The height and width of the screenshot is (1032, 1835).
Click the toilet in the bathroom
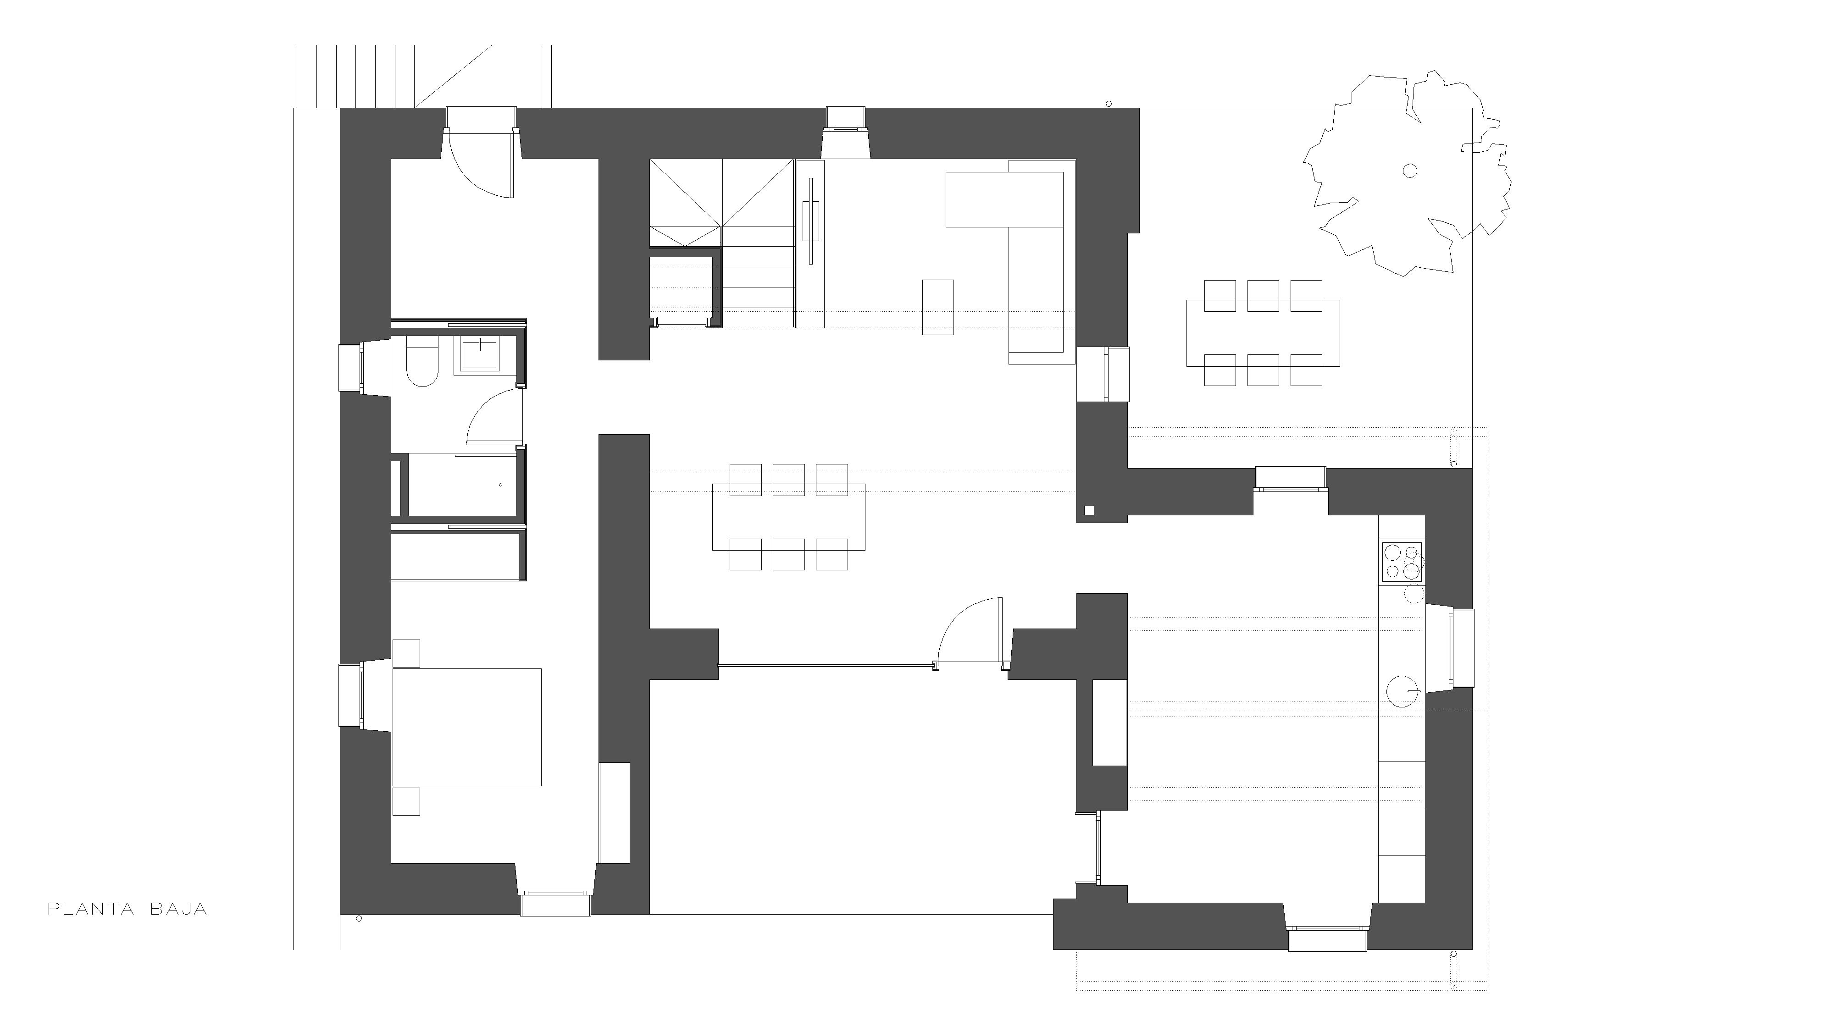click(421, 364)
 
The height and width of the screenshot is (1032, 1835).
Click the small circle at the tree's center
click(1410, 170)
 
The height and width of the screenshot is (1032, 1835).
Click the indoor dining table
click(788, 517)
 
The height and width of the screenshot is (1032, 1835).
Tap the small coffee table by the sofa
click(938, 307)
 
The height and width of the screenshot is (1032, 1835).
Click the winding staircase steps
click(721, 243)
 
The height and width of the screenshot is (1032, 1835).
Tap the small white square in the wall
click(1089, 509)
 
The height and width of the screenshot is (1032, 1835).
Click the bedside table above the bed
click(406, 653)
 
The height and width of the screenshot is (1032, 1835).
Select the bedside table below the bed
click(406, 801)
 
